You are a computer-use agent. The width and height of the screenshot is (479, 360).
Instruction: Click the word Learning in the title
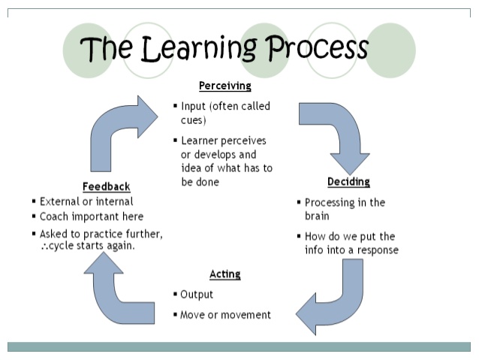pos(202,49)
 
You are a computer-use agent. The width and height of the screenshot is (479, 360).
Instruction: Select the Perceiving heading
pos(224,86)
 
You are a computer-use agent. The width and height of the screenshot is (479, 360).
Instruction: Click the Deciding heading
pos(348,183)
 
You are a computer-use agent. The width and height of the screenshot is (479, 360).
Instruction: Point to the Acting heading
pos(224,274)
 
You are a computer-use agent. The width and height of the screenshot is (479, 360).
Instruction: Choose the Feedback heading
pos(106,186)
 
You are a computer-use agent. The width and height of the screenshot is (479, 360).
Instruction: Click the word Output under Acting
pos(197,295)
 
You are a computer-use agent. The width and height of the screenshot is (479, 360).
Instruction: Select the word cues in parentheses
pos(194,120)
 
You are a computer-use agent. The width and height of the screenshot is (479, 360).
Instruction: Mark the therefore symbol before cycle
pos(44,247)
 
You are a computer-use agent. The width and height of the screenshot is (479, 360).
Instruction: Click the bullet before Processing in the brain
pos(300,203)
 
